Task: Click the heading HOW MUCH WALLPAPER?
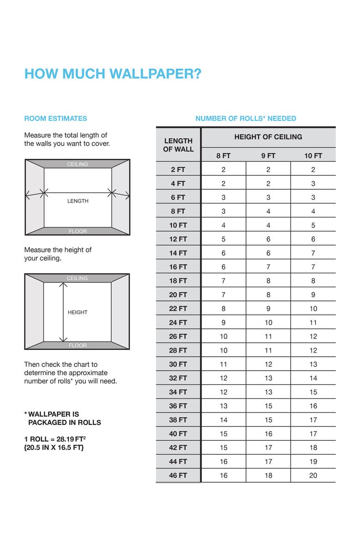[113, 74]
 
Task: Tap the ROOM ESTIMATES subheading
[55, 119]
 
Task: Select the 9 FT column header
[268, 156]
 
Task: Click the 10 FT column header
[313, 156]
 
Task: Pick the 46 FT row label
[178, 475]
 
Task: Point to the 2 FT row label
[178, 170]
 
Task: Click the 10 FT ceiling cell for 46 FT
[313, 475]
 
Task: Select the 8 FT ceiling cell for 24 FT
[223, 323]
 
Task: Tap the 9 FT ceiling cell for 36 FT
[268, 406]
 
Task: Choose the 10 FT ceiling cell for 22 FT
[313, 309]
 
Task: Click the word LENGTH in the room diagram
[78, 201]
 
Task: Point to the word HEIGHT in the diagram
[78, 312]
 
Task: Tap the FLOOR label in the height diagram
[78, 345]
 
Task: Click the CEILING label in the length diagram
[78, 164]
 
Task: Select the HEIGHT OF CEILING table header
[268, 137]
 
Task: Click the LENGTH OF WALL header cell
[178, 145]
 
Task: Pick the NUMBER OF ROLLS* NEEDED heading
[246, 119]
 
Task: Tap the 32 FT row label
[178, 378]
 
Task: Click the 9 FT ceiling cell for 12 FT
[268, 239]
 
